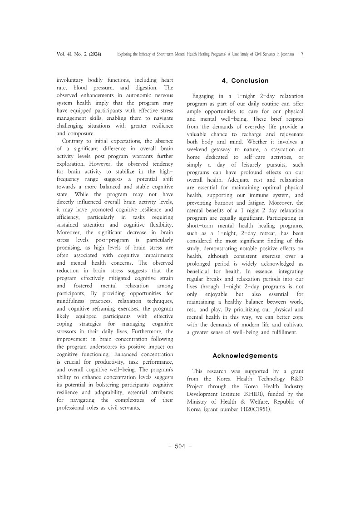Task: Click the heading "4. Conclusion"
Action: tap(245, 81)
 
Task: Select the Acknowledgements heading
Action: tap(245, 356)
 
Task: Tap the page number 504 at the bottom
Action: tap(180, 446)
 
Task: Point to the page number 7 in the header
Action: tap(302, 54)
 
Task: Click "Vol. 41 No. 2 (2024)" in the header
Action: tap(79, 54)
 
